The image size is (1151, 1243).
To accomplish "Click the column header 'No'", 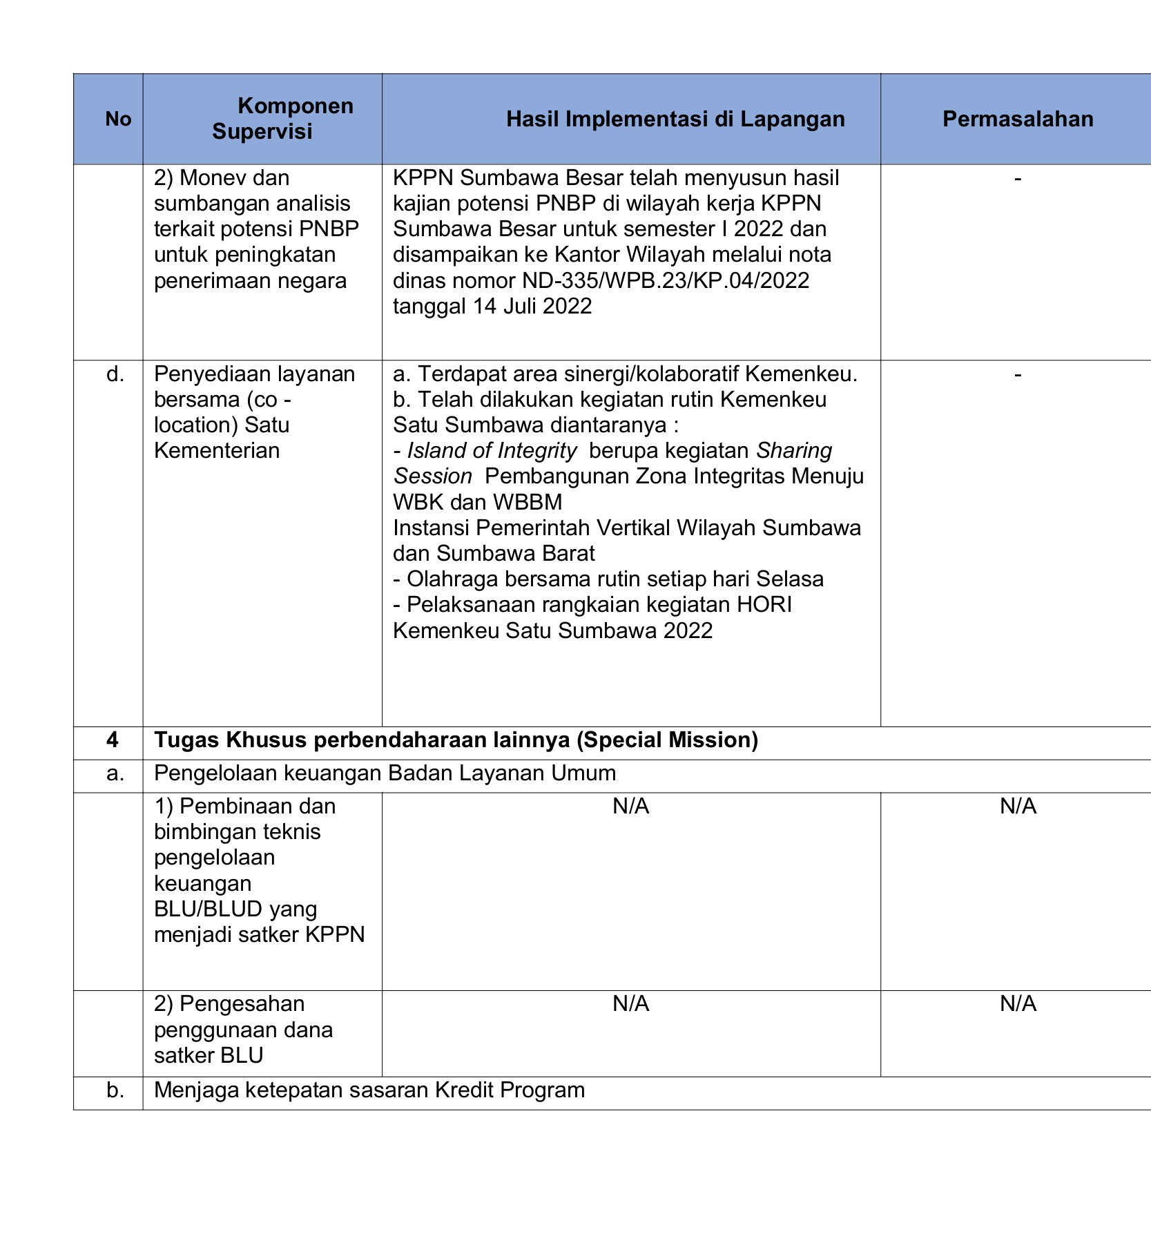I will point(118,119).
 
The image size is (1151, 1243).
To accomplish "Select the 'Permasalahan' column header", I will point(1017,119).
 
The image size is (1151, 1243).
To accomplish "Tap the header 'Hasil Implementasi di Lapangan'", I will point(675,119).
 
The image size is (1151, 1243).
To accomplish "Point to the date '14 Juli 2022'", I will point(532,306).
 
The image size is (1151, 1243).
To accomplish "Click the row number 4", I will point(113,740).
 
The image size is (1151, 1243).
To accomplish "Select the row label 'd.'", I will point(115,374).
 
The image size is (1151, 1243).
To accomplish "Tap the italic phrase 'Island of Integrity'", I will point(492,451).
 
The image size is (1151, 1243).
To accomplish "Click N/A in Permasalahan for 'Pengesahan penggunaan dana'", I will point(1018,1004).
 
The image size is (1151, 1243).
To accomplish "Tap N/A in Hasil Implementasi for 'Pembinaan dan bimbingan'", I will point(630,807).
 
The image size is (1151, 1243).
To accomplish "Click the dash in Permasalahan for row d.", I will point(1018,374).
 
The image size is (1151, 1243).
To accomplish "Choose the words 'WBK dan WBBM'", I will point(478,502).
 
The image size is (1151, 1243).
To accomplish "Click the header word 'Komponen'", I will point(295,106).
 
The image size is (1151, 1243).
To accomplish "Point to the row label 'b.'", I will point(115,1090).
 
